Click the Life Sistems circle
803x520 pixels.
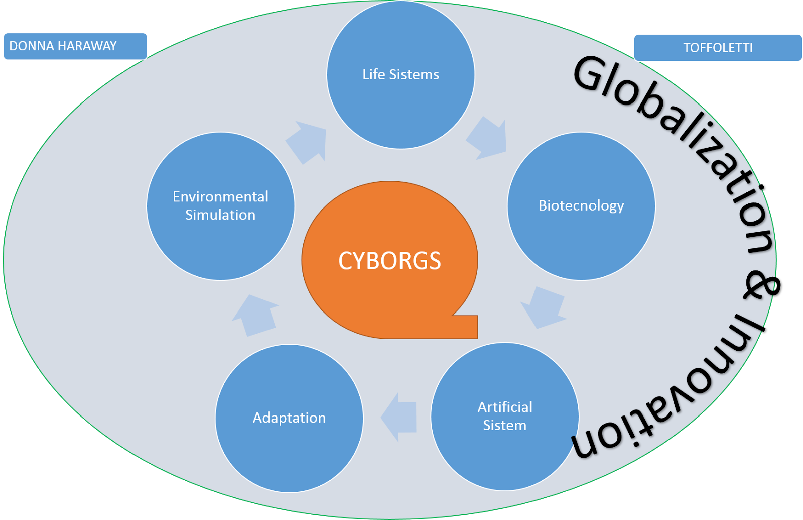pos(400,100)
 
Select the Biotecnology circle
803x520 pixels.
pos(581,231)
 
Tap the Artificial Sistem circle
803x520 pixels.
pos(504,452)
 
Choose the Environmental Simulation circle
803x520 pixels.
pos(220,241)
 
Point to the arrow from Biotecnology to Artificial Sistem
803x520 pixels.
pos(544,306)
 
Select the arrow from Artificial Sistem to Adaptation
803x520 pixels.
pos(399,417)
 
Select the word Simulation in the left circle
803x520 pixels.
pos(220,215)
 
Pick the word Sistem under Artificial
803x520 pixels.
pos(504,426)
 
